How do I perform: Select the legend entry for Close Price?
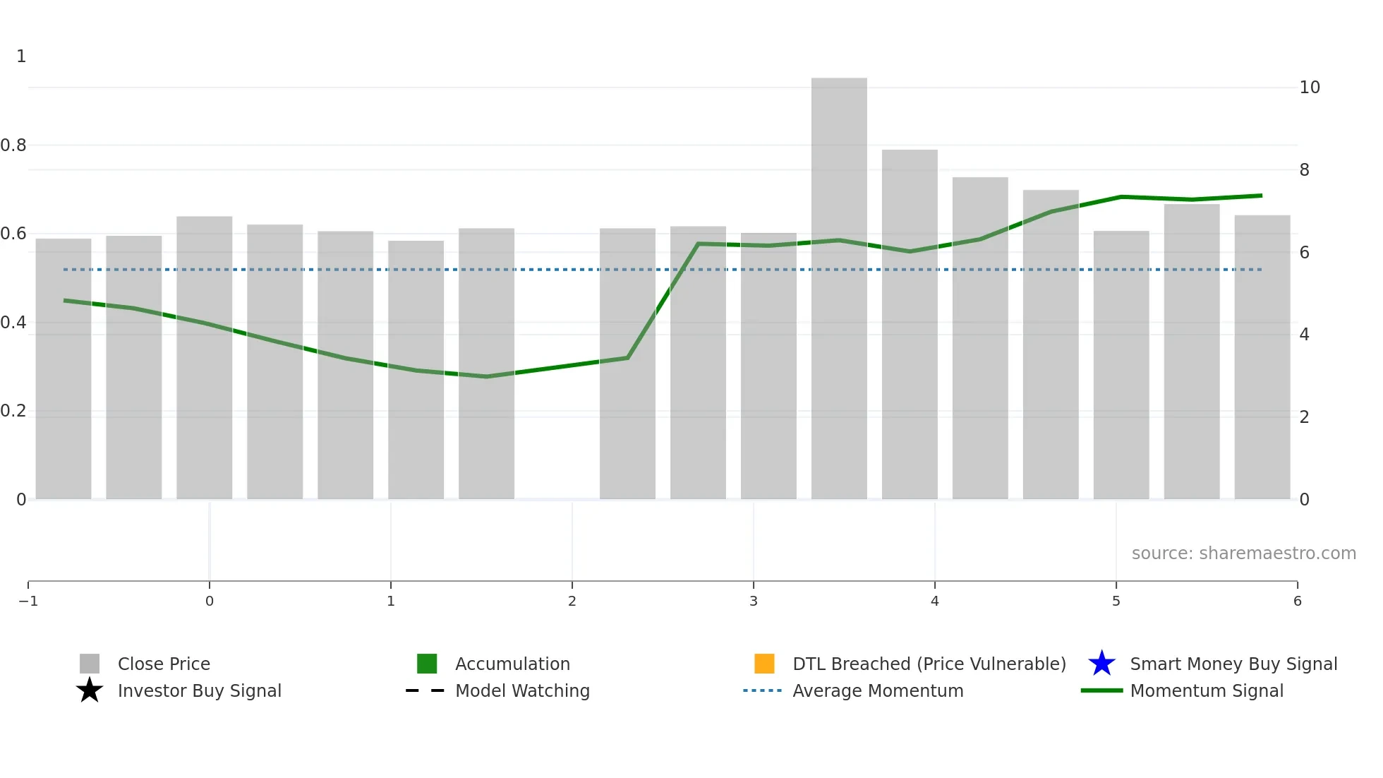[163, 664]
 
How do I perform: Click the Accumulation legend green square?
[427, 664]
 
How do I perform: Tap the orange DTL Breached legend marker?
[764, 664]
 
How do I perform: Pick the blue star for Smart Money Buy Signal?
[1101, 664]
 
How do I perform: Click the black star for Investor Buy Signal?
[90, 690]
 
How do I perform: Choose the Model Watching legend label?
[522, 690]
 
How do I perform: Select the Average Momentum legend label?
[878, 690]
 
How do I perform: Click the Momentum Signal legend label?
[1207, 690]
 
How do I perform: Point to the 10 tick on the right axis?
[1310, 88]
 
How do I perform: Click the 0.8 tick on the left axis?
[13, 145]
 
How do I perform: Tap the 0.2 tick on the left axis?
[13, 411]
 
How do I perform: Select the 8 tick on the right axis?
[1305, 170]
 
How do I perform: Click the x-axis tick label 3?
[754, 601]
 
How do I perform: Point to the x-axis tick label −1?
[28, 601]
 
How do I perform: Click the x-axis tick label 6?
[1298, 601]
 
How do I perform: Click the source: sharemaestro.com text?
[1243, 553]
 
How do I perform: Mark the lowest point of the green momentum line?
[486, 376]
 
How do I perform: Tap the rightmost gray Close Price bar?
[1262, 357]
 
